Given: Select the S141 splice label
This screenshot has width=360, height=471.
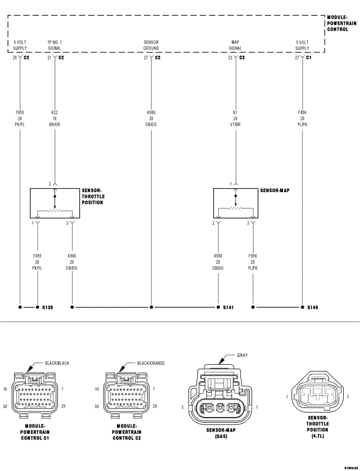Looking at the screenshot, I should click(x=228, y=307).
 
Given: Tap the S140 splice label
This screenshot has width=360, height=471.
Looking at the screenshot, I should click(x=313, y=307).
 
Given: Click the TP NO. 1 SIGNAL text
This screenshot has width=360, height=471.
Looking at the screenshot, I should click(x=55, y=45).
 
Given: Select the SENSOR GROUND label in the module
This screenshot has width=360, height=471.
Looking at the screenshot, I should click(x=151, y=45).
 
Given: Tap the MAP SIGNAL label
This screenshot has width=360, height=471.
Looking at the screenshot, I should click(x=236, y=45).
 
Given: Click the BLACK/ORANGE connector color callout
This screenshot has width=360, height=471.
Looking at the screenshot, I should click(x=150, y=364).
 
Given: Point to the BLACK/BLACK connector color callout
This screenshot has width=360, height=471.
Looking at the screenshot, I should click(x=57, y=364).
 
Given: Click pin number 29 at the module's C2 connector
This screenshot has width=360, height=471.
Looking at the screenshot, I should click(x=15, y=57).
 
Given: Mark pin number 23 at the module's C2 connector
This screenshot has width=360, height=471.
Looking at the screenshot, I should click(x=230, y=57).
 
